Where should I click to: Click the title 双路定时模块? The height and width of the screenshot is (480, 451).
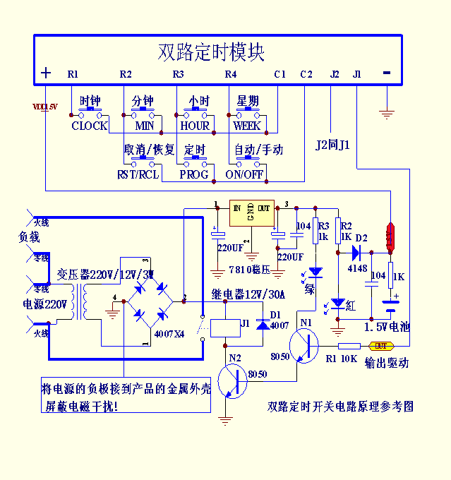click(211, 52)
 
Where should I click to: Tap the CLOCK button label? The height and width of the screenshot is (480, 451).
click(89, 126)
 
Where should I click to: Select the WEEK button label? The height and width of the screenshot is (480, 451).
click(247, 126)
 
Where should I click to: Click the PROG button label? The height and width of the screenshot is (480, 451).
click(193, 174)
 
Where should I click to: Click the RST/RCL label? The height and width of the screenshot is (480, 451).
click(138, 174)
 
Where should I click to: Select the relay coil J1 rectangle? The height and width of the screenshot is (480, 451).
click(233, 325)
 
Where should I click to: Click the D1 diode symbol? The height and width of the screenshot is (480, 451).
click(263, 324)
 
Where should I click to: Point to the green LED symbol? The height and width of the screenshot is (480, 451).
click(315, 271)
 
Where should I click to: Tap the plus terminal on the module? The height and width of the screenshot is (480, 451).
click(46, 73)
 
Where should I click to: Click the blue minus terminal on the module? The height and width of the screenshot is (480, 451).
click(386, 73)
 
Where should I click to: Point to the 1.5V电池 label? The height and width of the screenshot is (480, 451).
click(387, 328)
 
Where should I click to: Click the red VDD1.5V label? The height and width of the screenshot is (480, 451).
click(45, 107)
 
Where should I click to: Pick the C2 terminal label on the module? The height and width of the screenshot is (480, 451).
click(306, 74)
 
